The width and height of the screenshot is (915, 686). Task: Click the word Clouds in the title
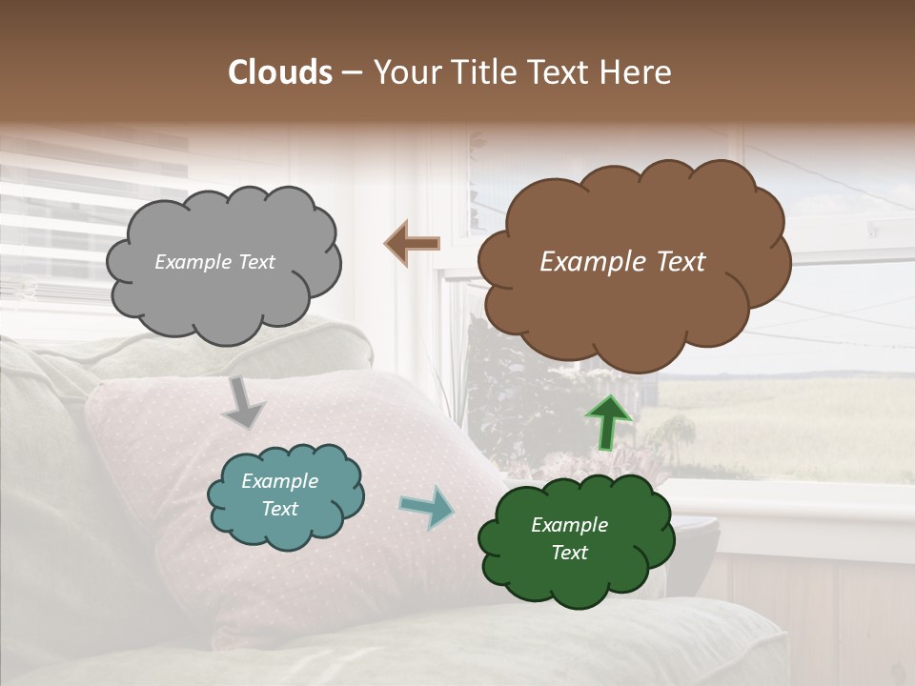click(x=280, y=72)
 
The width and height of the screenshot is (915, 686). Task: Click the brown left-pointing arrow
click(x=412, y=244)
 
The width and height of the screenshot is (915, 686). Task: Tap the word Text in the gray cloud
click(x=255, y=262)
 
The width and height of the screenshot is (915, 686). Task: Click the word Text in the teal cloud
click(x=279, y=509)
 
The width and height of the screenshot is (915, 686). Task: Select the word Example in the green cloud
click(x=569, y=525)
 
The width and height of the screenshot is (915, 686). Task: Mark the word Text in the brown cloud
click(x=680, y=262)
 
